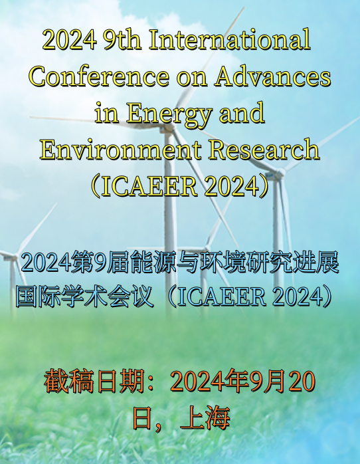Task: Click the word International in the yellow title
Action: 230,40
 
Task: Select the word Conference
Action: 99,76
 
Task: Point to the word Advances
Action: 272,76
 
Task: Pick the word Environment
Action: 121,150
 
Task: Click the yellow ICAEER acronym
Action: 149,186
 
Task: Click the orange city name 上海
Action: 205,418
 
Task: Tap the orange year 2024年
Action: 210,381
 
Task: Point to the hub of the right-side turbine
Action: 280,172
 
